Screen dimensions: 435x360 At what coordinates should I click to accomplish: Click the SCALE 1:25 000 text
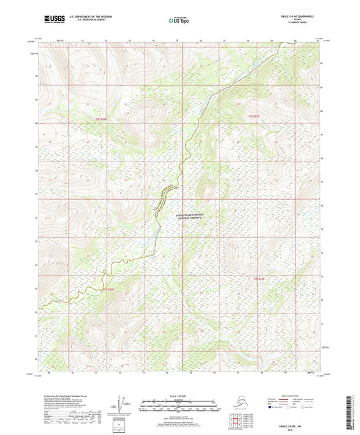pyautogui.click(x=179, y=396)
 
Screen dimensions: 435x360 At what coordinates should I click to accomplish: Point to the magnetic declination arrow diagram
pyautogui.click(x=124, y=407)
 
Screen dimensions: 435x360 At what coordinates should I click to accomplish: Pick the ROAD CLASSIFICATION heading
pyautogui.click(x=297, y=396)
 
